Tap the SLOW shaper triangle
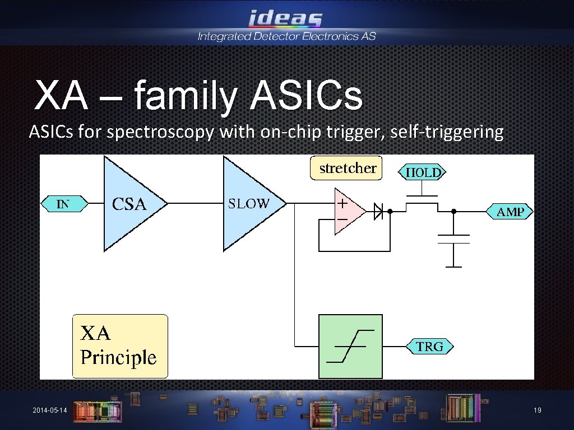click(x=249, y=203)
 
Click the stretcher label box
click(x=346, y=168)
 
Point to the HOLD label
click(x=422, y=172)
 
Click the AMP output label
click(x=510, y=212)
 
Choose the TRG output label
click(x=429, y=347)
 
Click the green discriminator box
click(x=350, y=346)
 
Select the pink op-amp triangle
click(x=346, y=212)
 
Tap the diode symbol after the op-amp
click(x=379, y=212)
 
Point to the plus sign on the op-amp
click(x=341, y=204)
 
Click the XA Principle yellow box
click(x=120, y=346)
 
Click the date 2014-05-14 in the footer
click(x=50, y=411)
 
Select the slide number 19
click(x=537, y=411)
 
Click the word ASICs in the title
click(x=306, y=96)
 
